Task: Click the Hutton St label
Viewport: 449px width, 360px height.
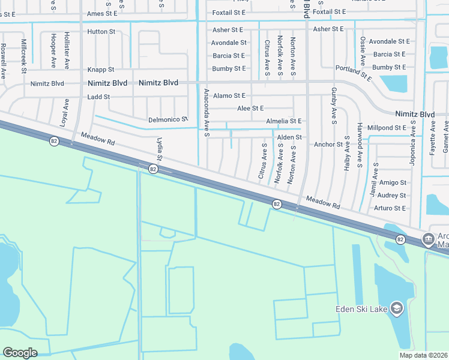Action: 100,31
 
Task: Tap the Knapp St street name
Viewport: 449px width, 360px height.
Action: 100,70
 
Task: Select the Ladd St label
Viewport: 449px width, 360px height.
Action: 99,97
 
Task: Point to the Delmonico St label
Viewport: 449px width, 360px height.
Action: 168,120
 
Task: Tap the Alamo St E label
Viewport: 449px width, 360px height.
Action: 229,95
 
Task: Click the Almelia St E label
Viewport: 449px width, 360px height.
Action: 284,121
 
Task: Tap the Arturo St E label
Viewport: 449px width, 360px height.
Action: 390,208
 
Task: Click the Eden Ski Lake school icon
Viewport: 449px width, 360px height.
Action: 396,308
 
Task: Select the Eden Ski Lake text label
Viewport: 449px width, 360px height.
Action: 360,310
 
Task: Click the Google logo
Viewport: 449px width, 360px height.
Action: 20,353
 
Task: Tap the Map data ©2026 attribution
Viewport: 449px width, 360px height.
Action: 423,355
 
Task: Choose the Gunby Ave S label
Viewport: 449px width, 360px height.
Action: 333,101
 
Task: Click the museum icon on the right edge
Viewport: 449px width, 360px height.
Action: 429,239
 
